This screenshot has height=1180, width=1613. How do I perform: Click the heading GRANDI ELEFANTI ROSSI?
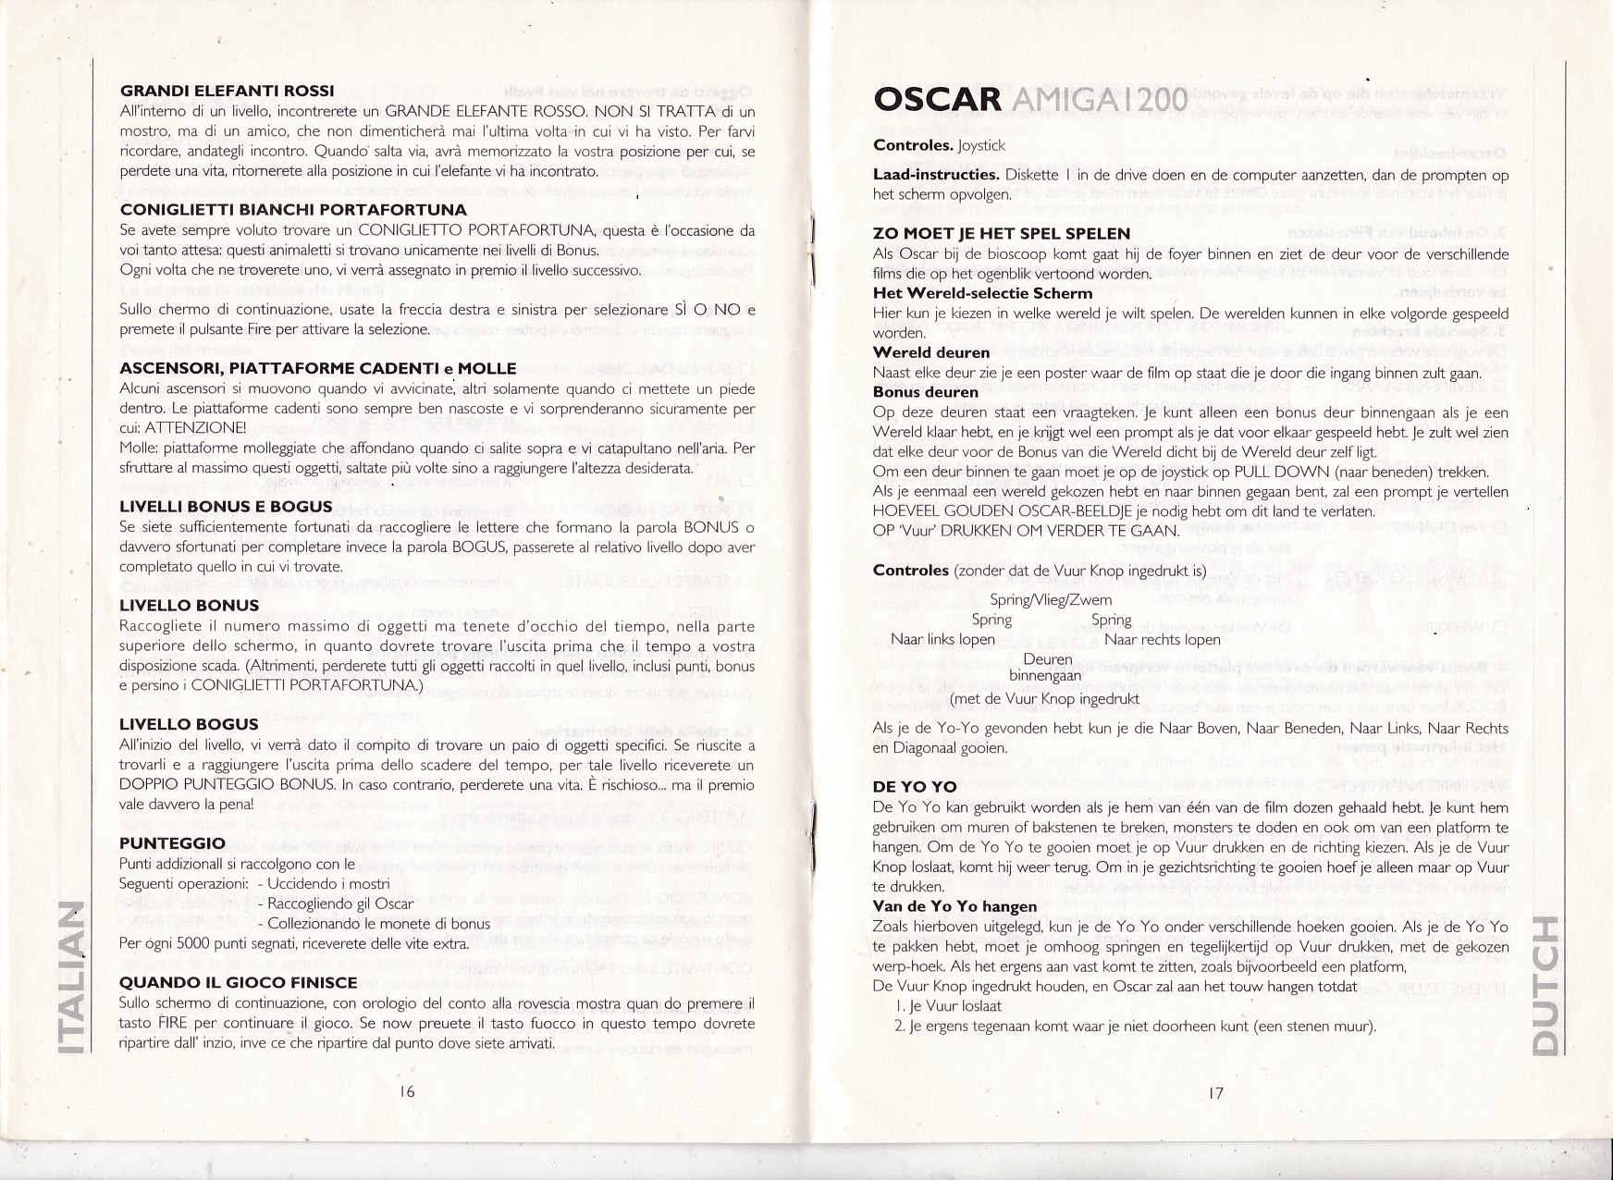(x=227, y=92)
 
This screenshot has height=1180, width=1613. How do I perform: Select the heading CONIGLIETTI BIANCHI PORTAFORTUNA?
(x=292, y=210)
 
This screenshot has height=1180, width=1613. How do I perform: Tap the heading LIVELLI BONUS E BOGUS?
(x=226, y=507)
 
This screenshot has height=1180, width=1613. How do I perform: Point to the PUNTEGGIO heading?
(x=172, y=843)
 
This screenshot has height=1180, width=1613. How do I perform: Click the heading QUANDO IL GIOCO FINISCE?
(x=238, y=983)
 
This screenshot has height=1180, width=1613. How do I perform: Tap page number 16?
(x=407, y=1091)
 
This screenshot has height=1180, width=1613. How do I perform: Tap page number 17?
(x=1216, y=1092)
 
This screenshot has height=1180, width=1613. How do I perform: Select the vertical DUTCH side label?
(x=1545, y=984)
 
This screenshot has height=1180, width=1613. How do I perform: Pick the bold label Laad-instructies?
(x=935, y=175)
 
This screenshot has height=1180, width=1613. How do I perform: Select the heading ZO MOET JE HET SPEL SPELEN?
(x=1001, y=234)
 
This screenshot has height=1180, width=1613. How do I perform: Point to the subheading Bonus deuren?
(x=925, y=392)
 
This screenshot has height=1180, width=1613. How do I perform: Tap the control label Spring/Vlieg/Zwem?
(x=1051, y=600)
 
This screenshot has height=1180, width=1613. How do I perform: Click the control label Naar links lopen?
(x=942, y=640)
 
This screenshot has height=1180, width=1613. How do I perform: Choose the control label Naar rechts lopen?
(x=1162, y=640)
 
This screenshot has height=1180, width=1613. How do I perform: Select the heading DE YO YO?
(x=915, y=788)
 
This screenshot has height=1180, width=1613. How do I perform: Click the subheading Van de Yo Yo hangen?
(x=954, y=906)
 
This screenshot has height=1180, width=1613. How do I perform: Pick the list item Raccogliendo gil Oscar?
(x=340, y=903)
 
